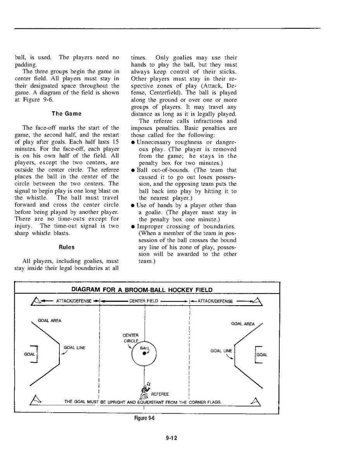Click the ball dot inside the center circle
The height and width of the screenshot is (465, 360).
pos(144,353)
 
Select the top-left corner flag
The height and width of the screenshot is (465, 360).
pos(36,301)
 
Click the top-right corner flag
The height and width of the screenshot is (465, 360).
pos(258,301)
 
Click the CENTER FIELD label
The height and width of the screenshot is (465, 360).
pos(144,301)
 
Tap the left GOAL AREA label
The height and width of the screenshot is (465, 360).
pos(49,321)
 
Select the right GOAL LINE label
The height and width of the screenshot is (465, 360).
pos(221,351)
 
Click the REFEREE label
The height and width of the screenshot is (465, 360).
pos(160,394)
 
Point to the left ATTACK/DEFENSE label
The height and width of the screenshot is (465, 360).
pos(74,301)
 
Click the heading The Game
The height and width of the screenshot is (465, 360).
pos(66,114)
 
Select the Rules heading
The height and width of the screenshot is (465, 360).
pos(66,247)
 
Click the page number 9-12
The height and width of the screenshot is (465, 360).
pos(171,438)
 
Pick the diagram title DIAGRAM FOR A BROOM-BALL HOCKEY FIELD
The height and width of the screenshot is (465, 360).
pos(142,290)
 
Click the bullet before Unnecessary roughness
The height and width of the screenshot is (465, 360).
pos(133,142)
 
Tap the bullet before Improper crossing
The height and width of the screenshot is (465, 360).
pos(133,226)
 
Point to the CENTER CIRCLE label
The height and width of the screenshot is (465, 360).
pos(130,338)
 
